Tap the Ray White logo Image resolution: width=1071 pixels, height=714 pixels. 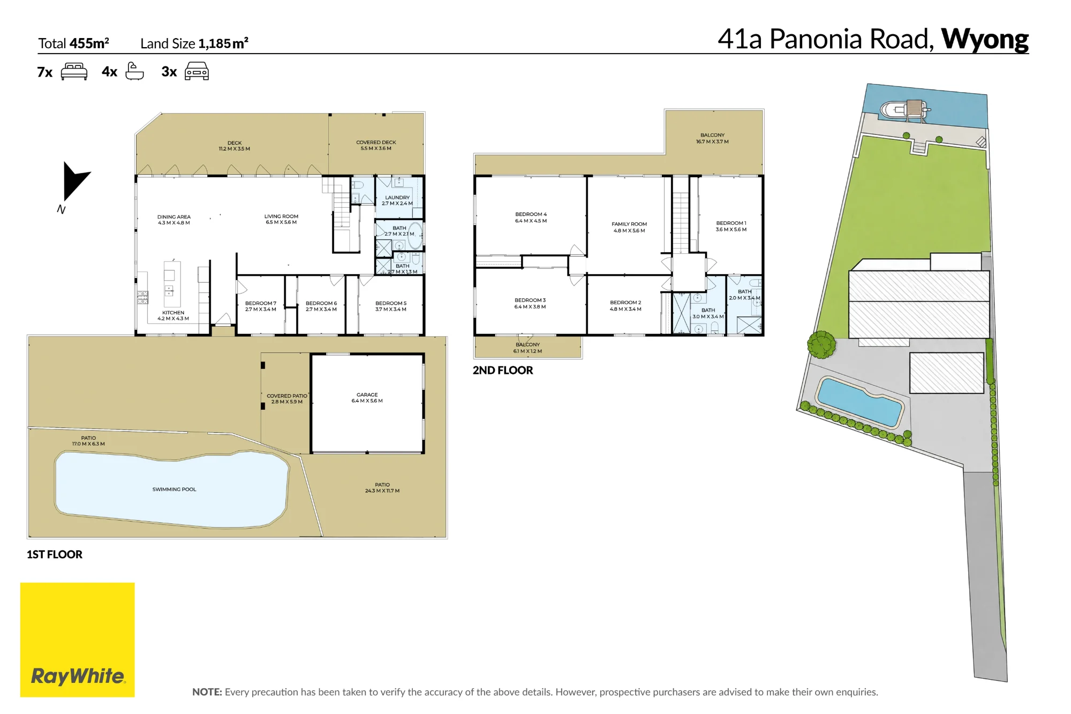click(x=78, y=640)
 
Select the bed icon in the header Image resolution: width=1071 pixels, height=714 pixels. click(x=74, y=71)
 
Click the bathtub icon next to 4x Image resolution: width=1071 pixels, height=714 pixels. click(x=134, y=71)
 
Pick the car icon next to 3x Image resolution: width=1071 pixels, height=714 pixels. click(x=197, y=71)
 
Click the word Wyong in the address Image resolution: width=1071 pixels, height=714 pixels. click(x=985, y=39)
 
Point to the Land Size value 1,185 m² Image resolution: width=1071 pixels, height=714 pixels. click(x=223, y=43)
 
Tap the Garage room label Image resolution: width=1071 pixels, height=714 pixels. click(x=367, y=397)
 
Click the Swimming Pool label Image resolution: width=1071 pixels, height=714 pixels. click(x=174, y=489)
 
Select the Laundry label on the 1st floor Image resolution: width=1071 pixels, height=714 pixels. click(x=397, y=200)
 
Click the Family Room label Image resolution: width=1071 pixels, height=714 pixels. click(x=629, y=227)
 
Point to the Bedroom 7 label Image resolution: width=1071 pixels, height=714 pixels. click(x=261, y=306)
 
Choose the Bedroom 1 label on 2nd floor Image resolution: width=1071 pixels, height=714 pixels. click(x=731, y=226)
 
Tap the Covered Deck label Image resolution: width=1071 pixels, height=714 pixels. click(x=376, y=145)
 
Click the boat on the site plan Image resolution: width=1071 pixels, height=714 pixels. click(x=904, y=109)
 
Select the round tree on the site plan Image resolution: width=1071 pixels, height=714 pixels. click(x=821, y=344)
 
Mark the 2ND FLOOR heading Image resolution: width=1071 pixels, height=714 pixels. click(x=503, y=370)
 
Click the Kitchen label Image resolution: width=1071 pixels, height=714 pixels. click(x=173, y=315)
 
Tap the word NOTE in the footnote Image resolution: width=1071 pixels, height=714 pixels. click(x=207, y=692)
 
